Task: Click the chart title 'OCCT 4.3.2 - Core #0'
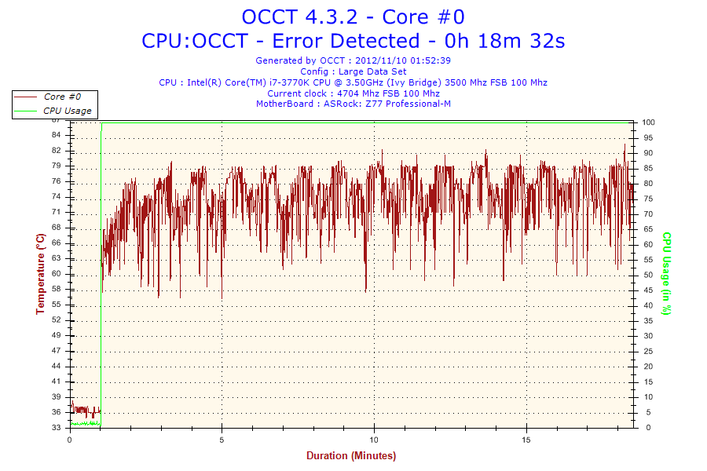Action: tap(353, 16)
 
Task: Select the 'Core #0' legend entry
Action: tap(61, 97)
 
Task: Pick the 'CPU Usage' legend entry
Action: tap(67, 111)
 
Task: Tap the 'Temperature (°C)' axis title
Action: tap(41, 274)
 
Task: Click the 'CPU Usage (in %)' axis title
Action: tap(665, 273)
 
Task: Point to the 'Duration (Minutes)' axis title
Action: tap(351, 456)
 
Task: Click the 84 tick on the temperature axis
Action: tap(57, 136)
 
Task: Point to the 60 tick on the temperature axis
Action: tap(57, 274)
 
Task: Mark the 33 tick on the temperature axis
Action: tap(57, 428)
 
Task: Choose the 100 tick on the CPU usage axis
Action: tap(649, 122)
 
